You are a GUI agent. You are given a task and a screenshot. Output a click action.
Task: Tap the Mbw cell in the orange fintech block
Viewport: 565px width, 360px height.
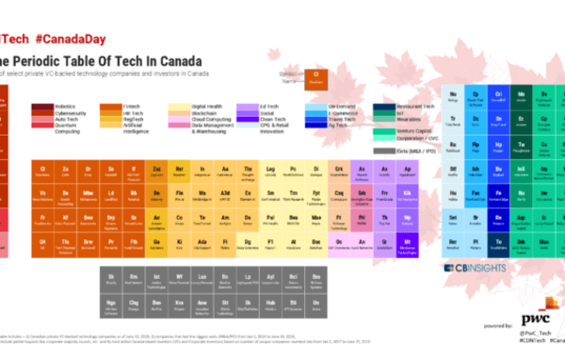pos(88,193)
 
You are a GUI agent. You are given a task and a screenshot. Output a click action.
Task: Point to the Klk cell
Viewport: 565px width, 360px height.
pos(406,193)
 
